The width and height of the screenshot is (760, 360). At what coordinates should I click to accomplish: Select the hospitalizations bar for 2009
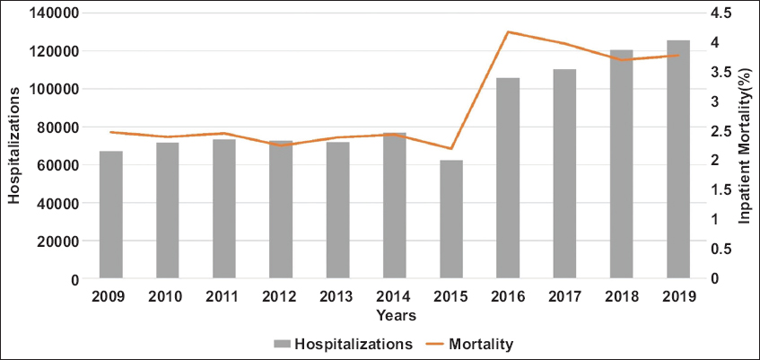[111, 215]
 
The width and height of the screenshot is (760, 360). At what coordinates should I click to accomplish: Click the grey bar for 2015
[451, 219]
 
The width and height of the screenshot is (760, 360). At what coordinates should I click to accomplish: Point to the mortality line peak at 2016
[508, 32]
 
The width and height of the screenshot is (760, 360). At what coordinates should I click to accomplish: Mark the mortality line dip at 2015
[451, 149]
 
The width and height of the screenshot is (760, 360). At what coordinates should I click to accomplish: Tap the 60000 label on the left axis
[61, 165]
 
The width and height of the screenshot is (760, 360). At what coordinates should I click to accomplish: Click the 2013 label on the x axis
[337, 296]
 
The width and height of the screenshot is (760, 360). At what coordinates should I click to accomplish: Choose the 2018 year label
[621, 296]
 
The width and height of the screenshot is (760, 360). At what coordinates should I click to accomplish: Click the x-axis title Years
[395, 315]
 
